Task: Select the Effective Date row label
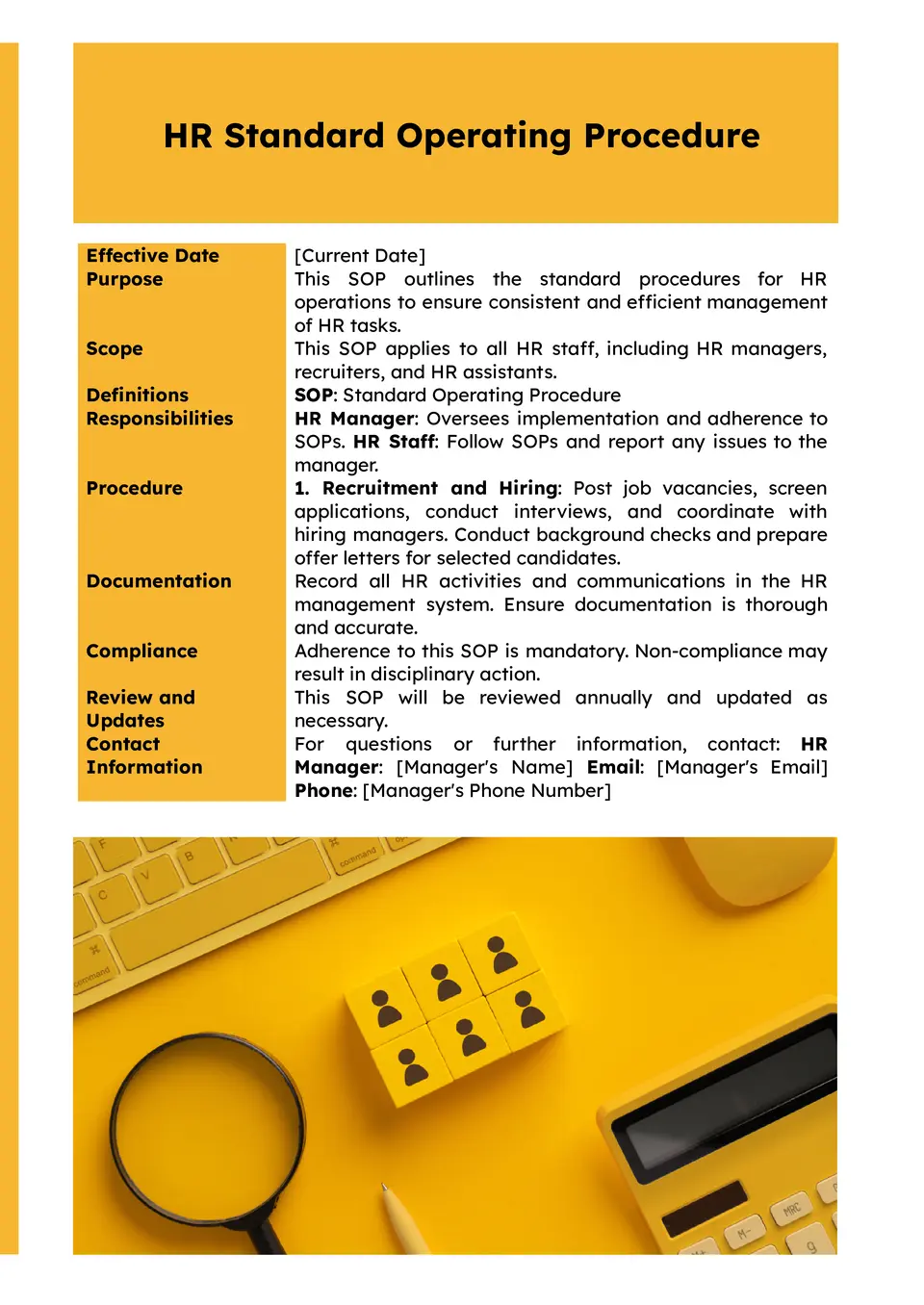pos(152,255)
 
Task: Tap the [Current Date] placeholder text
pos(360,255)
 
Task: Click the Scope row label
pos(115,348)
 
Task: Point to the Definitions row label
pos(138,395)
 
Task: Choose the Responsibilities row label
pos(160,419)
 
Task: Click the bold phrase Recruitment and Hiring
pos(440,488)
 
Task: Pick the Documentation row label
pos(159,581)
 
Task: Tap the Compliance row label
pos(141,651)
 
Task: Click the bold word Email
pos(613,767)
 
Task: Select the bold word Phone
pos(324,790)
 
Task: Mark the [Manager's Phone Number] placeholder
pos(487,790)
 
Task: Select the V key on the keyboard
pos(146,877)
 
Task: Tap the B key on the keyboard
pos(190,857)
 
